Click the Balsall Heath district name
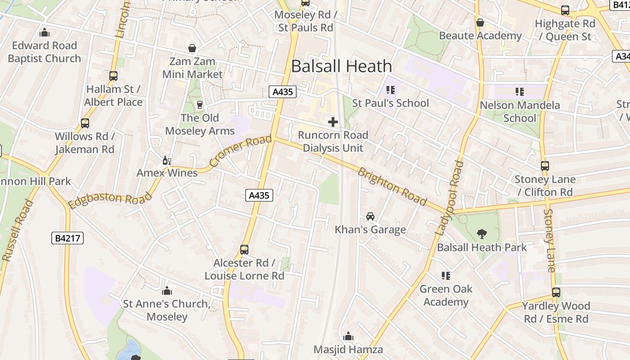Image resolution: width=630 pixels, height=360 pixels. tap(342, 66)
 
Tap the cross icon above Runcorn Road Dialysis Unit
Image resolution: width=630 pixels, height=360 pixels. tap(333, 122)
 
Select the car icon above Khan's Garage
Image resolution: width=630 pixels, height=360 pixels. tap(370, 216)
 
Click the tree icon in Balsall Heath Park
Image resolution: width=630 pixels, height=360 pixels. tap(482, 234)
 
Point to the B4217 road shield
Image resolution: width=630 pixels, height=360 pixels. tap(67, 238)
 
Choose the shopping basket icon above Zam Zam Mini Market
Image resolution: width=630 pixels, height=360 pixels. tap(192, 48)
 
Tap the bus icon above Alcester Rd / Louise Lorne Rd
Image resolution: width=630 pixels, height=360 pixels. tap(244, 249)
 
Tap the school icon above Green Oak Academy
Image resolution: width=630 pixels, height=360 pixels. tap(446, 275)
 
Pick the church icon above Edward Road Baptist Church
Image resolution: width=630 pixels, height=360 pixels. tap(45, 32)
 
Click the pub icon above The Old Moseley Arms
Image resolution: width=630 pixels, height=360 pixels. tap(200, 105)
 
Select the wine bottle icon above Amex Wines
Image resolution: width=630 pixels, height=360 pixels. tap(167, 160)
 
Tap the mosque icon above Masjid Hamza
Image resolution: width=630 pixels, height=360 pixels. tap(348, 336)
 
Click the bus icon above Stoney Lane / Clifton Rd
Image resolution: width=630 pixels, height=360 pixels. tap(545, 166)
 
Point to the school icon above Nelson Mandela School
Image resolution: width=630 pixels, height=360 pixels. tap(520, 92)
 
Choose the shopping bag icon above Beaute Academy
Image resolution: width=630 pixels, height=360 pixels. tap(480, 22)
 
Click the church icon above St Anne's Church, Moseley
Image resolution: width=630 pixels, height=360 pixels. tap(167, 291)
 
